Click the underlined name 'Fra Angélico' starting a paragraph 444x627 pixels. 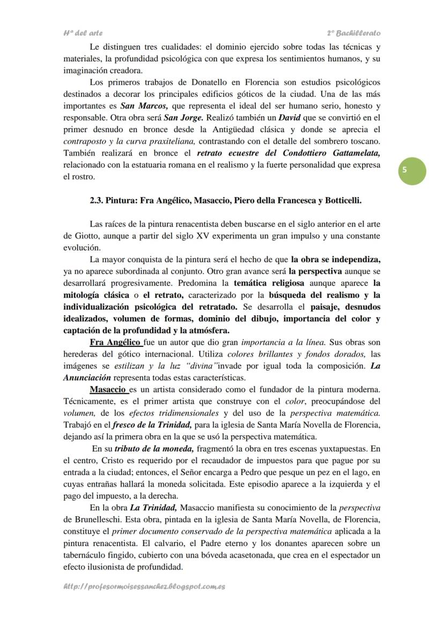tap(115, 342)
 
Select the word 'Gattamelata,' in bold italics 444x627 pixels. tap(352, 153)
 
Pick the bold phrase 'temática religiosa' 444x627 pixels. tap(269, 282)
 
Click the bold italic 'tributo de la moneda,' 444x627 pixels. tap(156, 448)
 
